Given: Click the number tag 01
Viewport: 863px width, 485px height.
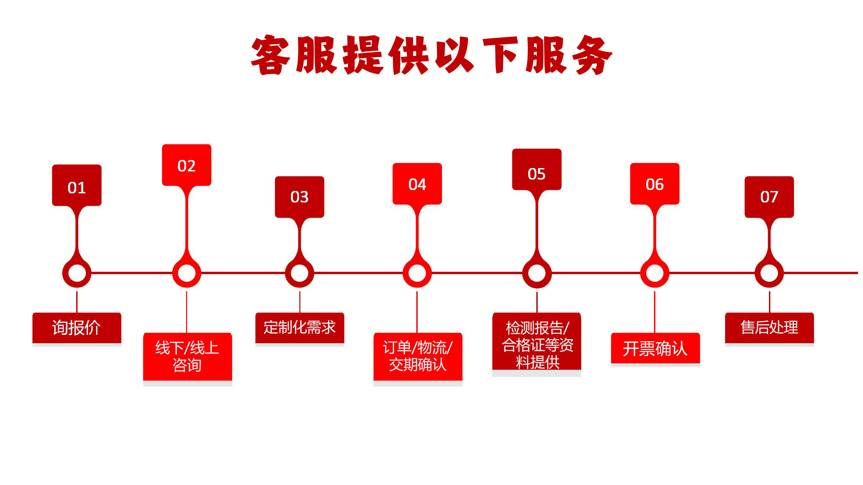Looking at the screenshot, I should pos(77,186).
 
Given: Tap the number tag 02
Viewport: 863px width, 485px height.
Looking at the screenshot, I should pos(186,165).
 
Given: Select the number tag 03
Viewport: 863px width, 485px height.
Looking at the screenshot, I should pos(299,197).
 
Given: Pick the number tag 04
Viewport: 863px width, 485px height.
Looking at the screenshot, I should pos(417,184).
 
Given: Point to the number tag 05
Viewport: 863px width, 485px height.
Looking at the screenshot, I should pos(537,170).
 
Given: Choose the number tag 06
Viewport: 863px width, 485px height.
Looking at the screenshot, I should pos(655,184).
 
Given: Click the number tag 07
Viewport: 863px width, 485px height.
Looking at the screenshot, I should pos(769,197).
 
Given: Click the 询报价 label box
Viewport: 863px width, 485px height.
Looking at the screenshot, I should pos(77,328).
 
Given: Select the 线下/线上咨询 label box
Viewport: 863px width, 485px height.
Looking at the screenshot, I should pos(187,356).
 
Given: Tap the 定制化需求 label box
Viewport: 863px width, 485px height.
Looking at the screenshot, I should pos(300,328).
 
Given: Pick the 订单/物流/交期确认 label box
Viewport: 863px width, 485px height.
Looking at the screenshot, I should pos(418,356).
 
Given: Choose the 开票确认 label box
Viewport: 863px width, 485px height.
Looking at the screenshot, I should pos(655,348).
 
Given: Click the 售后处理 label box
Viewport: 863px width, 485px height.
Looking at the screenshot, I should pos(769,328).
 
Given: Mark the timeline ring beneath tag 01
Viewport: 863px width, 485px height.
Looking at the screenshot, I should pos(77,273).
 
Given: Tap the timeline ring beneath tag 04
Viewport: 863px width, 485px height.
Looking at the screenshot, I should pos(417,273).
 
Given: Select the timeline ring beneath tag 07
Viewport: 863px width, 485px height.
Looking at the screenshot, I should pos(769,273).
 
